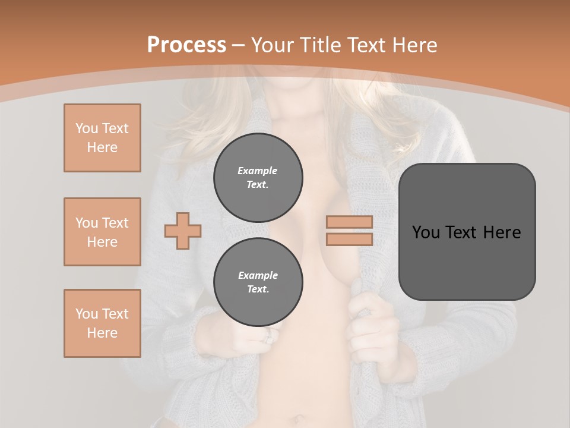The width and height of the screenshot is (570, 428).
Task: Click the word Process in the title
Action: [186, 45]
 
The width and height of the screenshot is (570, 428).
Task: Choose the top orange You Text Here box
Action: [102, 138]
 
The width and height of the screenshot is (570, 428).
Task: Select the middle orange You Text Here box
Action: [102, 232]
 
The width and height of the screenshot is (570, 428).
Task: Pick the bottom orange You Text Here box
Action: [102, 323]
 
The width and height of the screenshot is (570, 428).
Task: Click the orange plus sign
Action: [183, 231]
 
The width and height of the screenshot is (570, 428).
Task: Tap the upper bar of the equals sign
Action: [350, 222]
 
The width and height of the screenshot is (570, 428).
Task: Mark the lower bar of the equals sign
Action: [350, 240]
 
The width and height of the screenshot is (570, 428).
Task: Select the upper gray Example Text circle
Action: [258, 177]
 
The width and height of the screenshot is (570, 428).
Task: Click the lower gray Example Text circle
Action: [258, 282]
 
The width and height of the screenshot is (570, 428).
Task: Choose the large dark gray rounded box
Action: [467, 232]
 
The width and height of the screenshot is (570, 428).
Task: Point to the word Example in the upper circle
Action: [258, 171]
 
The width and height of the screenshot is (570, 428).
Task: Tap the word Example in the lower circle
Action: [258, 275]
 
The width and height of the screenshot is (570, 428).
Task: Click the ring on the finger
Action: [268, 336]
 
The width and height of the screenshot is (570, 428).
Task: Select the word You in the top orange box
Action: [86, 128]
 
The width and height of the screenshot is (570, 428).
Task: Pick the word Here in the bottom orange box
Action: [102, 333]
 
